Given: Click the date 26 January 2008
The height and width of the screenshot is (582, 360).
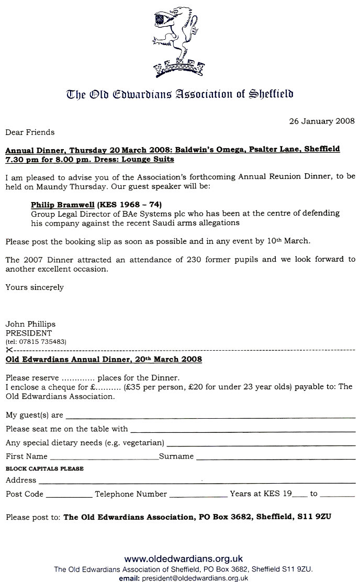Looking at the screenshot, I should (x=322, y=121).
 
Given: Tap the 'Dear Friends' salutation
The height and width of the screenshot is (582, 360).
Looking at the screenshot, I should (x=30, y=132).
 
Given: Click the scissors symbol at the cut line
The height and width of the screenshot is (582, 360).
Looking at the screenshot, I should (x=9, y=349).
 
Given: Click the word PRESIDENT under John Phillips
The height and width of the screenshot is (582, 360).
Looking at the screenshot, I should (x=29, y=332).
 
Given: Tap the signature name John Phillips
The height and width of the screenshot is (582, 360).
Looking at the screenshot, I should (x=30, y=324).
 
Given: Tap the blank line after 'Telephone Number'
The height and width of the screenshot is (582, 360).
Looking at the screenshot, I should (x=199, y=495).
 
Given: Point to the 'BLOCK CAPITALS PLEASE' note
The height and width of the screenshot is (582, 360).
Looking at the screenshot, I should (x=44, y=468).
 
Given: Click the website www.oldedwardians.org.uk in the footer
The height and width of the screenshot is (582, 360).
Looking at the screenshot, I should (x=183, y=558).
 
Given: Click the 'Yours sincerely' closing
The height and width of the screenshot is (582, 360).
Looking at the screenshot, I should (x=35, y=287).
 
